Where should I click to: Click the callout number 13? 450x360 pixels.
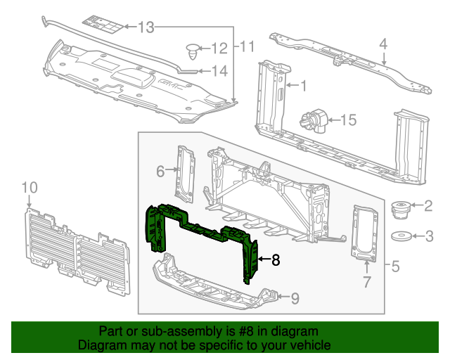pyautogui.click(x=146, y=28)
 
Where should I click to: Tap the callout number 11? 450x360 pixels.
pyautogui.click(x=246, y=48)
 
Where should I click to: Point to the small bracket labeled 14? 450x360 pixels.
pyautogui.click(x=188, y=70)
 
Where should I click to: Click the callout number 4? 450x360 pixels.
pyautogui.click(x=383, y=44)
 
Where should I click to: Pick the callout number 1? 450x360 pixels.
pyautogui.click(x=304, y=86)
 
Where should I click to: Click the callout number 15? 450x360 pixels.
pyautogui.click(x=349, y=120)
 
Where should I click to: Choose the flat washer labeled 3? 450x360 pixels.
pyautogui.click(x=401, y=236)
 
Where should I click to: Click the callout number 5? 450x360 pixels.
pyautogui.click(x=395, y=267)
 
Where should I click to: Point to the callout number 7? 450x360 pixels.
pyautogui.click(x=366, y=283)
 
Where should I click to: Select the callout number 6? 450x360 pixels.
pyautogui.click(x=160, y=171)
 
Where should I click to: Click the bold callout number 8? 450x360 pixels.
pyautogui.click(x=276, y=260)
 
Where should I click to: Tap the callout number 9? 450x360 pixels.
pyautogui.click(x=295, y=298)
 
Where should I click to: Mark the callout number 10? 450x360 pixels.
pyautogui.click(x=29, y=187)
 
